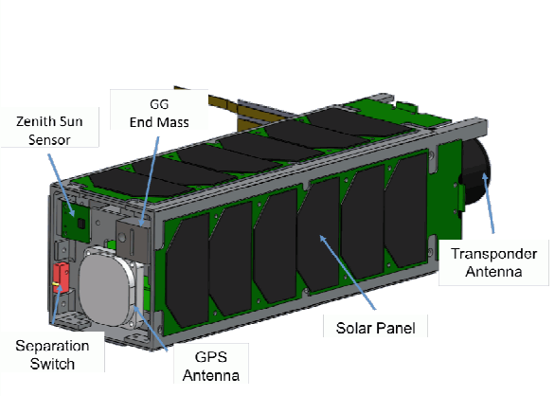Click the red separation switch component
point(61,278)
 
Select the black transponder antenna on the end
point(476,171)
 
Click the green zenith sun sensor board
point(76,222)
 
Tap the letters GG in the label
point(159,104)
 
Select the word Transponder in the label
point(493,254)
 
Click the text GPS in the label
point(211,357)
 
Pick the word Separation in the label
point(52,346)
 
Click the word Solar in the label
point(351,328)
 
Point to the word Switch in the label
point(52,364)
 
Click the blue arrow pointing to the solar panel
point(348,272)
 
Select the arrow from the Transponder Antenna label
point(488,203)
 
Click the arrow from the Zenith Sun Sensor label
point(62,185)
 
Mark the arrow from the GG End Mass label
point(149,181)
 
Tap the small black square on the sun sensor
point(81,224)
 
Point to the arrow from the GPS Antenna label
point(150,329)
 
